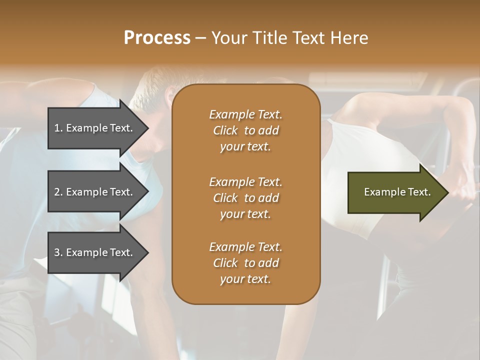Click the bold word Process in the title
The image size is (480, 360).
(x=157, y=38)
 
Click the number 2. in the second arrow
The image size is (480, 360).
(x=58, y=192)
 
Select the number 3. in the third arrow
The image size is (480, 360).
(x=58, y=252)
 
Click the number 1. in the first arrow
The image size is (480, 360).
(x=58, y=128)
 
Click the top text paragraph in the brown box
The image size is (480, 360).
(x=245, y=130)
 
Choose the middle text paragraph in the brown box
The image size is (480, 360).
(x=245, y=198)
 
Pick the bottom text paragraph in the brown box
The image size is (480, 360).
(x=245, y=263)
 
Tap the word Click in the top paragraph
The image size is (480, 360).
(x=225, y=130)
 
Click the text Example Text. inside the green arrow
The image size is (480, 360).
(x=397, y=192)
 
